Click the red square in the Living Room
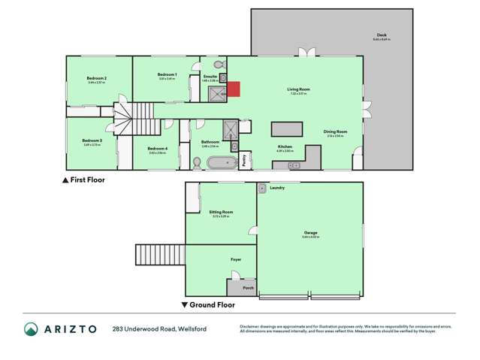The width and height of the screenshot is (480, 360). (234, 89)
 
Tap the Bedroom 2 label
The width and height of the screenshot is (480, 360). (95, 78)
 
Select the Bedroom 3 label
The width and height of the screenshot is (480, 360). (92, 140)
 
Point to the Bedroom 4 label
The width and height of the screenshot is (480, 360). (157, 148)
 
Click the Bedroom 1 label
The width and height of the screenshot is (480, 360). (167, 74)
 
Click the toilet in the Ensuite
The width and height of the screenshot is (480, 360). (219, 65)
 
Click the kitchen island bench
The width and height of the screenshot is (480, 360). (286, 127)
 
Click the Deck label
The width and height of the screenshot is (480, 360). (382, 35)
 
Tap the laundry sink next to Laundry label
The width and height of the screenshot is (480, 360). (262, 186)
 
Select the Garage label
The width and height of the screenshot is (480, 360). (309, 234)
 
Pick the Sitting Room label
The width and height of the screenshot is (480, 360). (221, 212)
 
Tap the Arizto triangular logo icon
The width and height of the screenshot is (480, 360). (31, 328)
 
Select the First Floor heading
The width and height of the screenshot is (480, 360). (87, 180)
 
